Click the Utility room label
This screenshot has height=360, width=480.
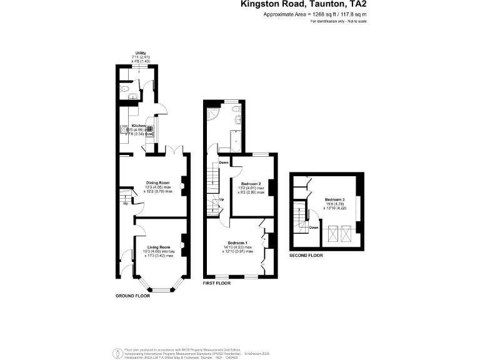pos(141,53)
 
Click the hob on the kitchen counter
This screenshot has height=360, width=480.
pos(123,131)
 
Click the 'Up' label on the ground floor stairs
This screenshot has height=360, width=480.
pos(126,203)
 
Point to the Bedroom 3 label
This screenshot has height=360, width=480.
pos(334,199)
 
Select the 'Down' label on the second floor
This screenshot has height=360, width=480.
pos(314,227)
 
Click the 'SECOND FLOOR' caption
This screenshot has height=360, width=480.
pos(306,256)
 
